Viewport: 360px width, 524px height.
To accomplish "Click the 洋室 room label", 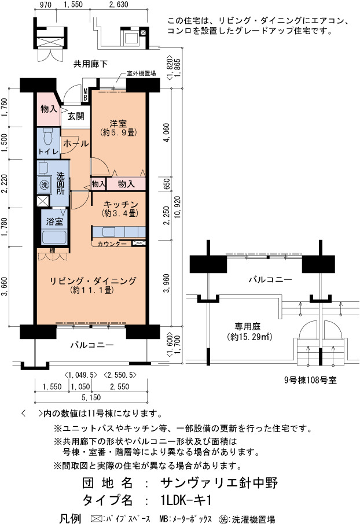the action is [x=118, y=123].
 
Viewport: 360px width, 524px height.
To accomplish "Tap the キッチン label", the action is [x=120, y=204].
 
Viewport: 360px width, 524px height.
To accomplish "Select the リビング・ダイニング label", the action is [x=93, y=281].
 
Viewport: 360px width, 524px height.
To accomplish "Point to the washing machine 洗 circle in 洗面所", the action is [x=44, y=184].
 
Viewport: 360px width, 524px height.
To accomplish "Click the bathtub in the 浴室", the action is [x=54, y=237].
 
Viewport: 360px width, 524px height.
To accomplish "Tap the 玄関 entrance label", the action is [x=76, y=116].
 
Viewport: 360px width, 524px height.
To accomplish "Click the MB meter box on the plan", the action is [x=85, y=94].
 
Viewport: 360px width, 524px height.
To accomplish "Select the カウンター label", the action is [x=112, y=243].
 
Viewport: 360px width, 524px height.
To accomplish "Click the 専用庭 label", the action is [x=247, y=326].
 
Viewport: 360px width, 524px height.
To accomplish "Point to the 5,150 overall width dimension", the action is [x=91, y=397].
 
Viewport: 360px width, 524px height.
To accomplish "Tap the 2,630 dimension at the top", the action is [x=119, y=5].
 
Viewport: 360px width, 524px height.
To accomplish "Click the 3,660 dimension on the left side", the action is [x=5, y=287].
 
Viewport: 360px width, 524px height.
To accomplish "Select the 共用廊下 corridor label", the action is [x=90, y=64].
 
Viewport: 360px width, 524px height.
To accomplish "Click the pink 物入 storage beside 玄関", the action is [x=49, y=109].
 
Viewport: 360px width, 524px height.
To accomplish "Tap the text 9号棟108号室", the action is [x=310, y=380].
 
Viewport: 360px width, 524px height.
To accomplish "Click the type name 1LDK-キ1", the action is [x=186, y=500].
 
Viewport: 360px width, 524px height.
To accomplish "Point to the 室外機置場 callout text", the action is [x=141, y=73].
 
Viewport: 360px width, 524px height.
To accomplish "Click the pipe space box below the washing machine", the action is [x=43, y=201].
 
